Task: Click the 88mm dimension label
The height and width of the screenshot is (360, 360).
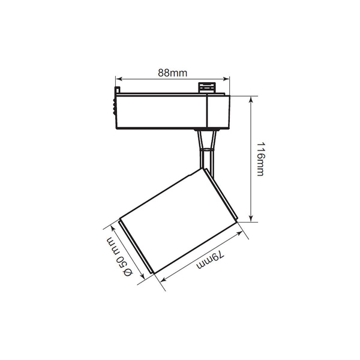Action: [172, 73]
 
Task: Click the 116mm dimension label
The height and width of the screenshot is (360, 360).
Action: [260, 159]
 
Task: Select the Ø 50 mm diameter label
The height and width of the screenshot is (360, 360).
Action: [119, 257]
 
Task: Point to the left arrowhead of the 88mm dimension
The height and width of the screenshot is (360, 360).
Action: [118, 79]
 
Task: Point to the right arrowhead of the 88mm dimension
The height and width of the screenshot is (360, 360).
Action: [226, 79]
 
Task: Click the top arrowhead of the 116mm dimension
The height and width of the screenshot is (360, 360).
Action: [251, 100]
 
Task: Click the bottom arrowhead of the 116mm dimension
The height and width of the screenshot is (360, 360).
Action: [251, 218]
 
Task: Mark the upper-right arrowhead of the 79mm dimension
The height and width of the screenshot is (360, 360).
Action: [239, 233]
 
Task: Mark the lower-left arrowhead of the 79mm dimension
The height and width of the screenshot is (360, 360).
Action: [163, 280]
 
